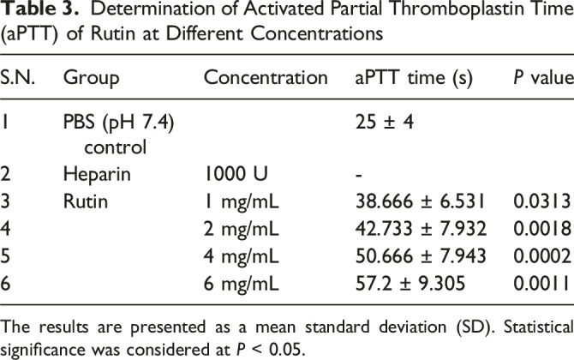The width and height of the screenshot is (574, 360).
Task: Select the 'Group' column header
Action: point(91,78)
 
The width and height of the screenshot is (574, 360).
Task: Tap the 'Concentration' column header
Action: point(266,78)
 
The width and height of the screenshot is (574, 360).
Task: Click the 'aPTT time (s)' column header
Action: point(414,78)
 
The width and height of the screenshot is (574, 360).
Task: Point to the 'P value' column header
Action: point(543,78)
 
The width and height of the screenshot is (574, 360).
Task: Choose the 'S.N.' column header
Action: point(17,78)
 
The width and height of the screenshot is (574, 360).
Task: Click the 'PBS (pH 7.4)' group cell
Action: point(118,122)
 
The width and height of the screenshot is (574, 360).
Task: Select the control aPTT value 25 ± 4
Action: point(385,121)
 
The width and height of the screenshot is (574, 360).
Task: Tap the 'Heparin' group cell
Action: point(97,174)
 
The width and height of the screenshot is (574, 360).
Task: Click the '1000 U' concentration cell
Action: point(236,173)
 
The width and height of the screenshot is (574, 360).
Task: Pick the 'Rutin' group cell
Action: point(86,201)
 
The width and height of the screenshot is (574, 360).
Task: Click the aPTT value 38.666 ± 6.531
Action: point(421,201)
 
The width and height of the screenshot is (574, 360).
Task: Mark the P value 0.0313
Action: point(542,201)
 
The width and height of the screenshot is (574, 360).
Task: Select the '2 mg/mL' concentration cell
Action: point(242,229)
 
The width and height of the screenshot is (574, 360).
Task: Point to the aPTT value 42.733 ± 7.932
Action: point(421,229)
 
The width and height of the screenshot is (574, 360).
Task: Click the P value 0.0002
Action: point(542,255)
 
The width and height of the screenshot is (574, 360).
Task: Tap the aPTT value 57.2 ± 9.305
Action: point(410,283)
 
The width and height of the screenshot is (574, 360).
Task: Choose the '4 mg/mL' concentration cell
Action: point(242,256)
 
